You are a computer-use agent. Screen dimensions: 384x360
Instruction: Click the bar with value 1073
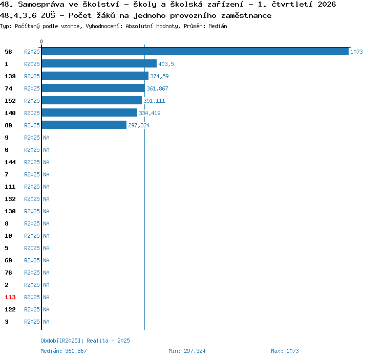point(195,51)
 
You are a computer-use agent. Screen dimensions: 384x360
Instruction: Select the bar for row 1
point(99,63)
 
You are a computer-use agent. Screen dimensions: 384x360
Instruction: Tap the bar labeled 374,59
point(95,76)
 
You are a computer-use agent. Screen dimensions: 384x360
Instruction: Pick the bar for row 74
point(93,88)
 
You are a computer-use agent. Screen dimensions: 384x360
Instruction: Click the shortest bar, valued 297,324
point(84,125)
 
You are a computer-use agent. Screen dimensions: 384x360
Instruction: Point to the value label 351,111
point(154,101)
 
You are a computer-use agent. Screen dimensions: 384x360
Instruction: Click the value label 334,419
point(150,113)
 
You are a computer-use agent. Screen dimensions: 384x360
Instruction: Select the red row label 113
point(10,297)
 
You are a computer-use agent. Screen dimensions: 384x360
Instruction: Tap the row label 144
point(10,162)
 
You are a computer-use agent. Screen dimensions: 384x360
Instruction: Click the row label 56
point(8,52)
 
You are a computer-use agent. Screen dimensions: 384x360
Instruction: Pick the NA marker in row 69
point(46,260)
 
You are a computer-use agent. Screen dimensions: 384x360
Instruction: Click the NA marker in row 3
point(46,322)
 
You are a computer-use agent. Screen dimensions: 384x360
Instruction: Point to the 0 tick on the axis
point(41,41)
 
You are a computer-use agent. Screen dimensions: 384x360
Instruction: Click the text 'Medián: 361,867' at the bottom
point(63,351)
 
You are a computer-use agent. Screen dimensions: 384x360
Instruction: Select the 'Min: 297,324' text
point(187,351)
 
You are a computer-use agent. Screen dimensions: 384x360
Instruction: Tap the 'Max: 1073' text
point(285,351)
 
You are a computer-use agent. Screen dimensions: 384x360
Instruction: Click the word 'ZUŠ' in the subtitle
point(48,15)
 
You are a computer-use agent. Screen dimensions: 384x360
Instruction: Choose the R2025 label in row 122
point(32,309)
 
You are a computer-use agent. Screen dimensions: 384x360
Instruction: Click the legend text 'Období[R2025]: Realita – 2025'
point(85,341)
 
